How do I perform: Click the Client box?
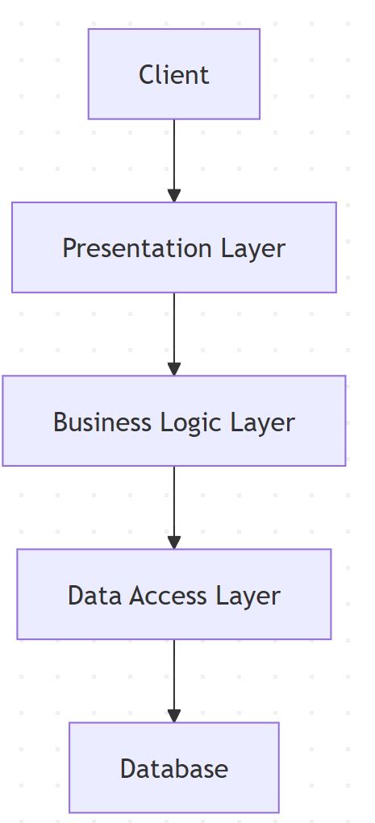coord(173,74)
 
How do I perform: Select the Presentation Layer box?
coord(173,247)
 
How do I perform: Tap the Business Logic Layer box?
coord(173,421)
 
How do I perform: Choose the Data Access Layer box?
coord(173,595)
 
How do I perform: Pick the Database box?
coord(173,767)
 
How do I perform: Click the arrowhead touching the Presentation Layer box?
coord(173,195)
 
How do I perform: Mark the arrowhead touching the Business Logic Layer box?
coord(173,369)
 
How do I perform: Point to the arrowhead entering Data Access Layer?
coord(173,542)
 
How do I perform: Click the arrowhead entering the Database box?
coord(173,716)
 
